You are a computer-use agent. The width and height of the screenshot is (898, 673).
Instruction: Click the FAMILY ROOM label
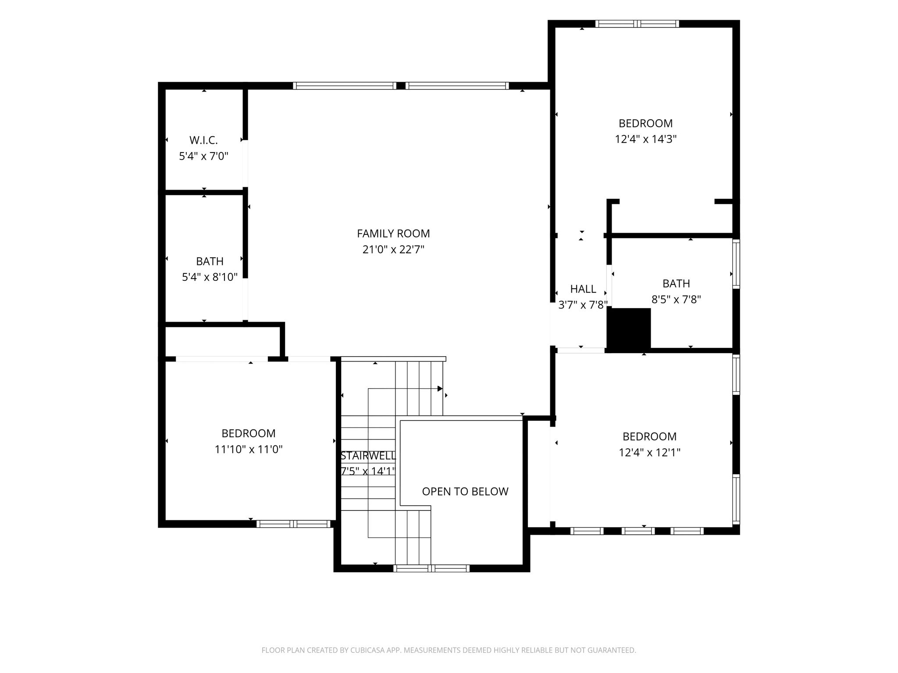coord(393,234)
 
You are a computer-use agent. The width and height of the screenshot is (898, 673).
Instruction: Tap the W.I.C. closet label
coord(203,140)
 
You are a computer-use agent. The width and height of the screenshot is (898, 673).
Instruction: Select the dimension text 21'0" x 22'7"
coord(393,249)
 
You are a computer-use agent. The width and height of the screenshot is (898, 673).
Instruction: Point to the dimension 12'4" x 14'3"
coord(645,139)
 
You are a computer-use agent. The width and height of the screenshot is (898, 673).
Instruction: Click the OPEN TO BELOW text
coord(465,492)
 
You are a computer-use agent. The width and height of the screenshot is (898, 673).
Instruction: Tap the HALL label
coord(583,289)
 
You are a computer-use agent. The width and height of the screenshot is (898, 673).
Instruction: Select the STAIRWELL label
coord(368,456)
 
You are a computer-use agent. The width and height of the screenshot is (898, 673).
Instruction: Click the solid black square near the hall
coord(628,328)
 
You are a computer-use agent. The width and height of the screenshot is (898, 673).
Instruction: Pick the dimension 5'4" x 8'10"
coord(210,277)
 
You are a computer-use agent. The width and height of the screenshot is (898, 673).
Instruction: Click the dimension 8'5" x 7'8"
coord(676,299)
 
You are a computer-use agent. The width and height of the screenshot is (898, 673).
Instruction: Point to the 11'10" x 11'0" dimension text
coord(249,449)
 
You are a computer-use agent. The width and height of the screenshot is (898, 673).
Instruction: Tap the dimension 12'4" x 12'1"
coord(649,452)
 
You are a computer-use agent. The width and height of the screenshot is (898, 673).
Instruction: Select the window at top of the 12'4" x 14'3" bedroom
coord(637,24)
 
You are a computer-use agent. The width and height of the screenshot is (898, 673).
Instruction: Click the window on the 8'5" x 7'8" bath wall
coord(736,264)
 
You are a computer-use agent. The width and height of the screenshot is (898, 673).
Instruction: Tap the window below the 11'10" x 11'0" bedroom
coord(293,524)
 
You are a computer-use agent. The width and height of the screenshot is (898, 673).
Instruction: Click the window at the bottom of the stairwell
coord(431,568)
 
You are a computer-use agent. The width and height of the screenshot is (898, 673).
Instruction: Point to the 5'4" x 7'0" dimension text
coord(203,156)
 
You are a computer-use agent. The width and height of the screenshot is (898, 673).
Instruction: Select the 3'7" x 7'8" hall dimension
coord(583,305)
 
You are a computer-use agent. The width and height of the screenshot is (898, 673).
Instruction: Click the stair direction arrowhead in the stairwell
coord(440,389)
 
